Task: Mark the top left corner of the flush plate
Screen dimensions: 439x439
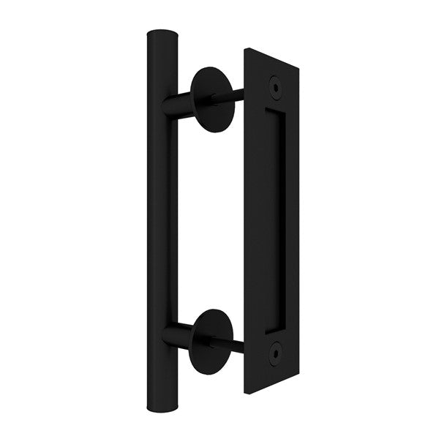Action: tap(244, 49)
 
